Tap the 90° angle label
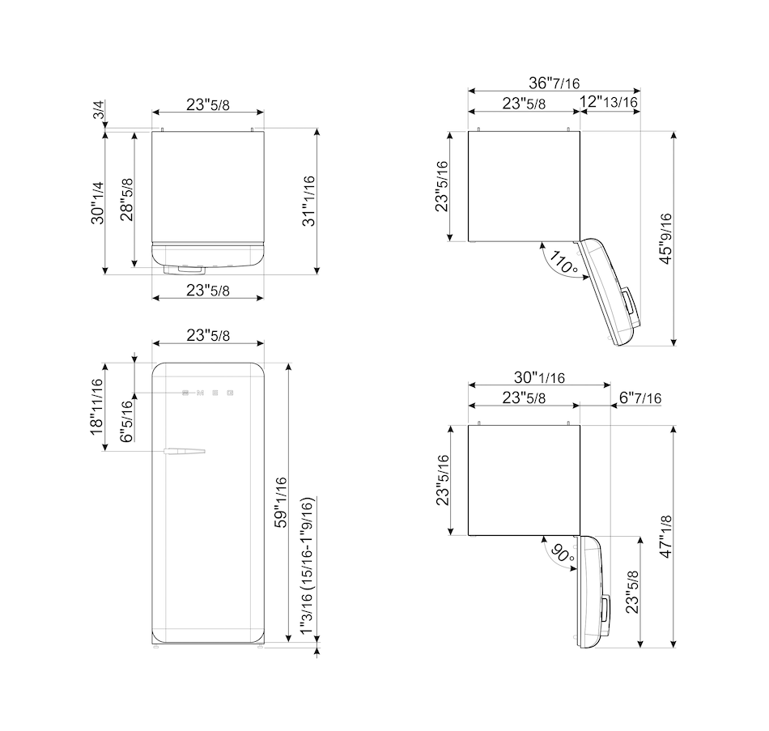tap(562, 554)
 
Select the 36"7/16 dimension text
tap(554, 83)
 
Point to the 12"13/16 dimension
tap(609, 101)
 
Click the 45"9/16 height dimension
tap(665, 239)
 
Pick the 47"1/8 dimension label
tap(665, 536)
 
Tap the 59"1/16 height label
tap(280, 502)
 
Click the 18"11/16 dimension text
tap(96, 406)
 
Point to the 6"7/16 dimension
tap(640, 397)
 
